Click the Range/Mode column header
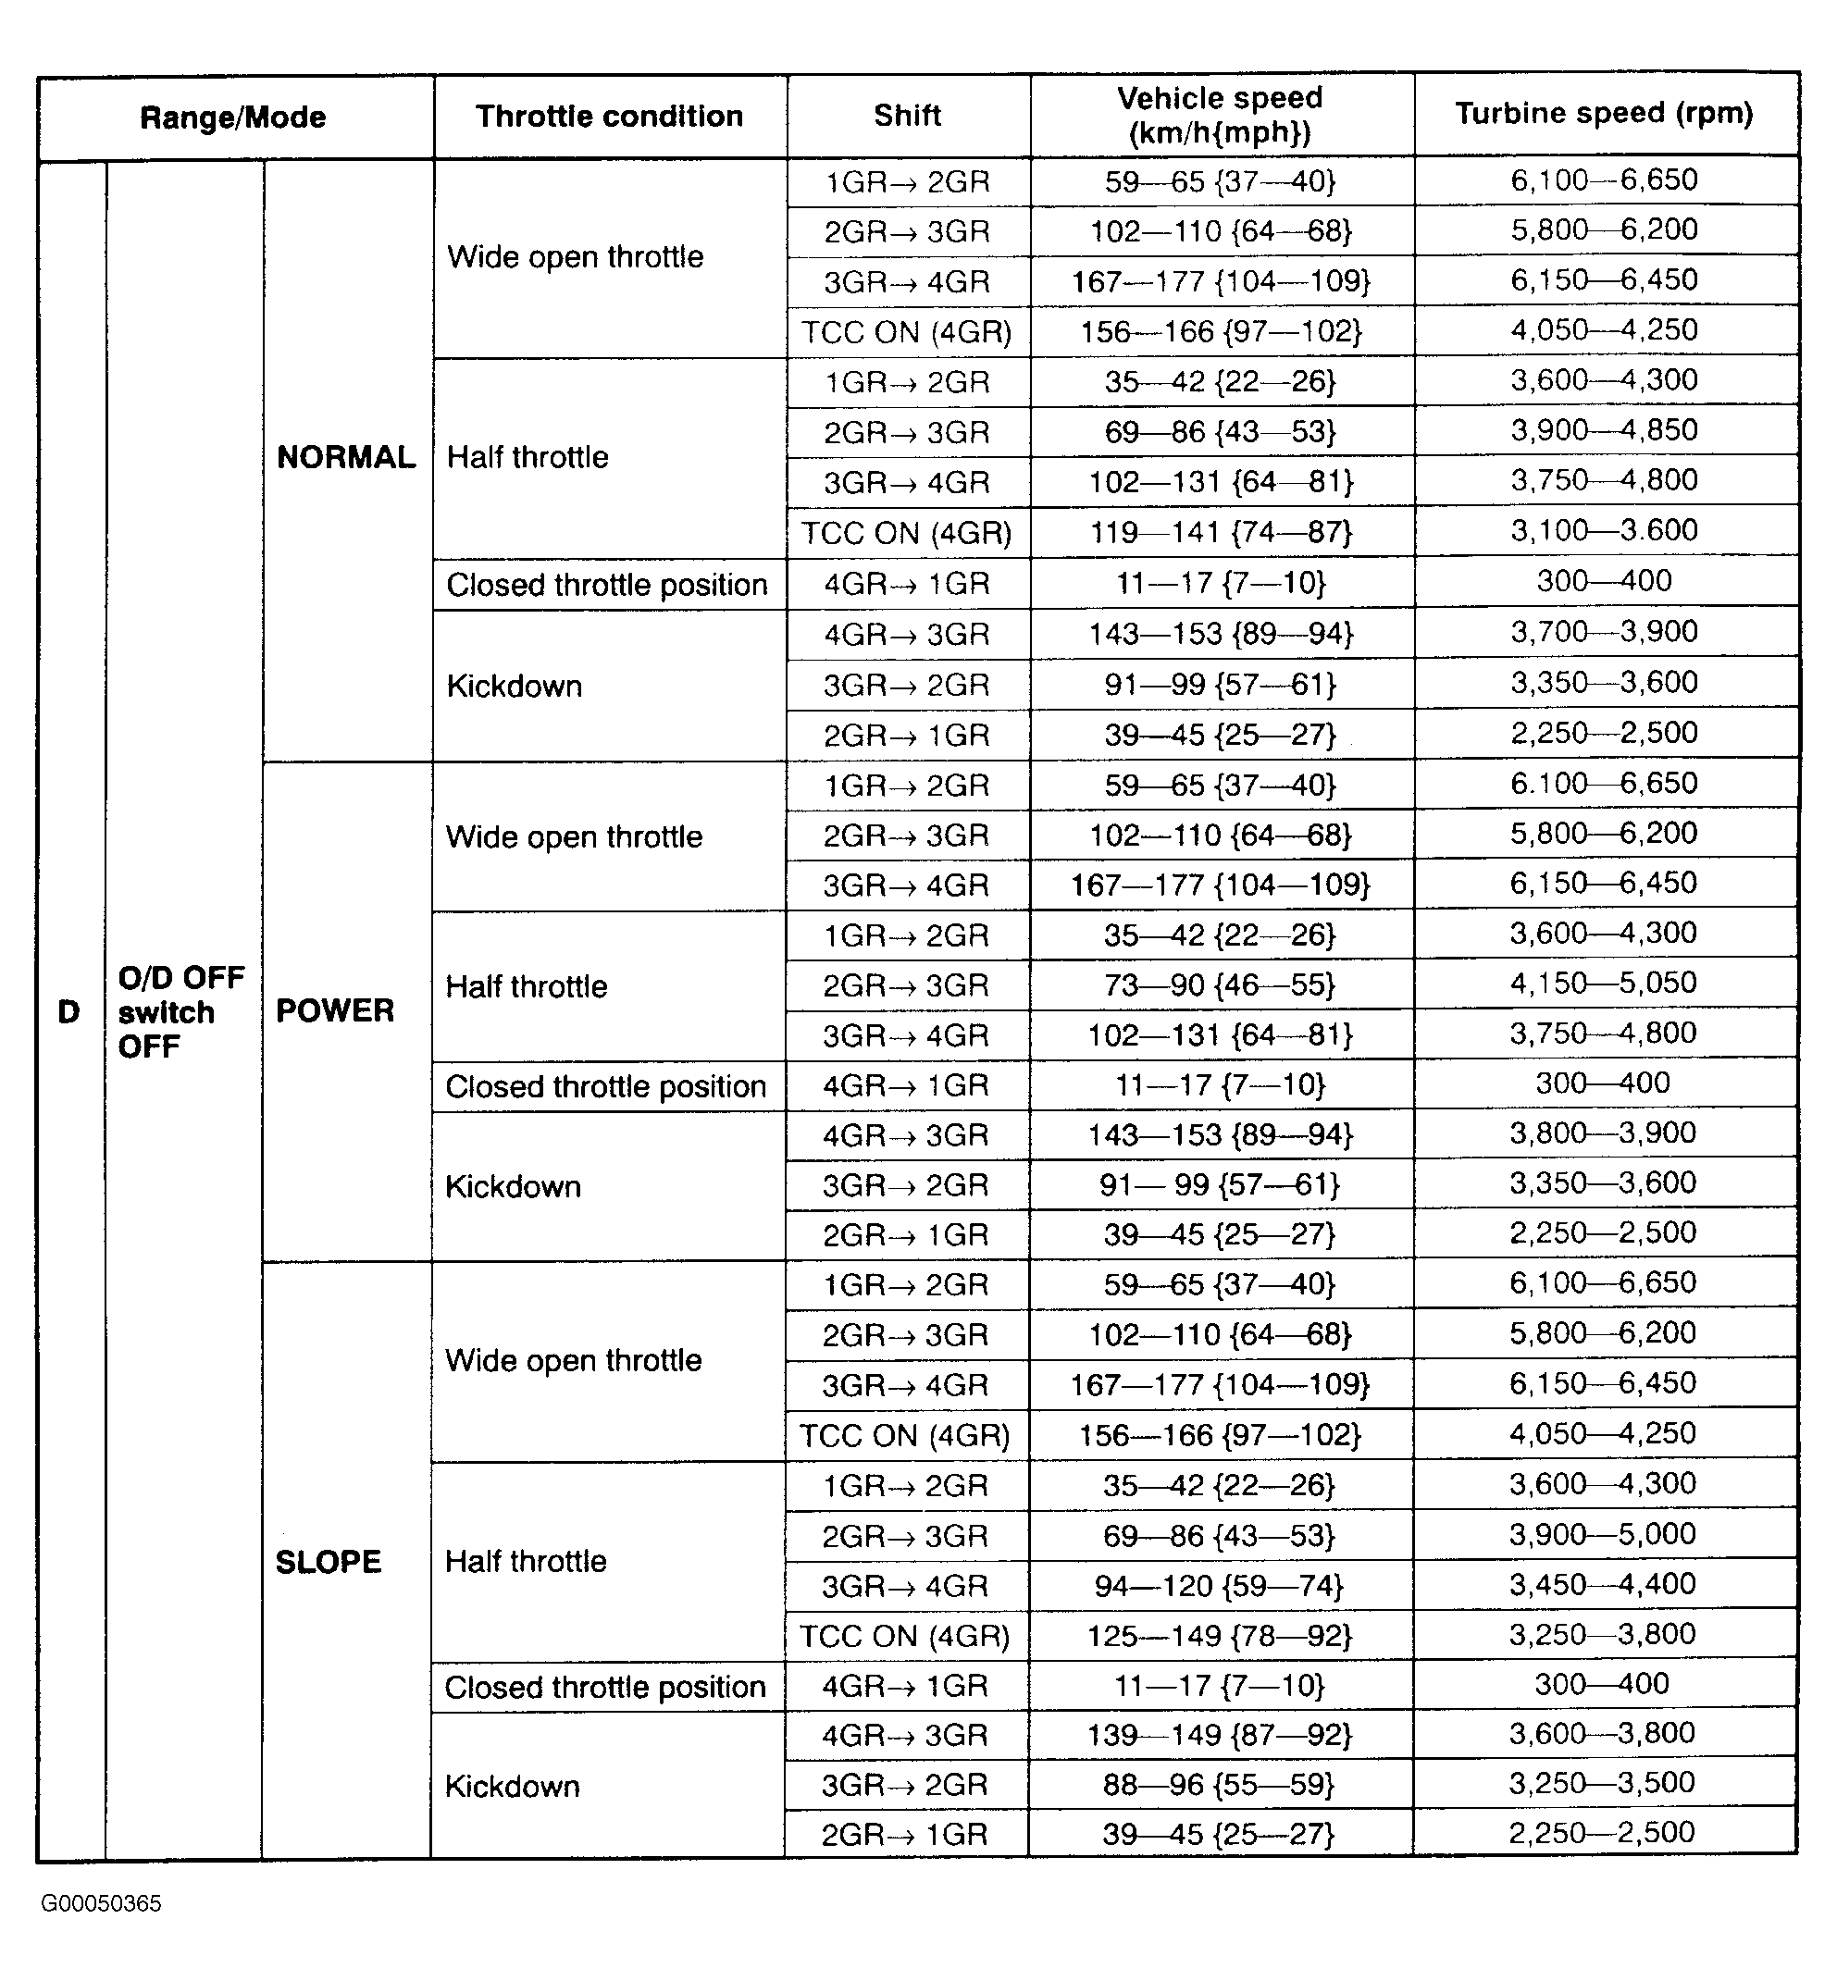[x=232, y=118]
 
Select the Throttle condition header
[x=609, y=117]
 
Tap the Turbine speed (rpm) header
[x=1604, y=113]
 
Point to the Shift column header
[x=908, y=116]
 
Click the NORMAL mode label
[x=346, y=457]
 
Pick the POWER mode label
[x=335, y=1011]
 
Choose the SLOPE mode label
[x=328, y=1562]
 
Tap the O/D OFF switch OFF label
[x=180, y=1012]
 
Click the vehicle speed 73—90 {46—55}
[x=1220, y=985]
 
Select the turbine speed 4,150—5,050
[x=1604, y=983]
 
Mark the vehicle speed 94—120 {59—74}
[x=1219, y=1585]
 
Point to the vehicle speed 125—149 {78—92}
[x=1219, y=1635]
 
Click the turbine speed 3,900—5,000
[x=1603, y=1534]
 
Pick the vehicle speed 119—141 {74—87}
[x=1221, y=532]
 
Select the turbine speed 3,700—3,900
[x=1605, y=631]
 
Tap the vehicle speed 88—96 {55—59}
[x=1218, y=1784]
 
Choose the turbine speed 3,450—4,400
[x=1603, y=1583]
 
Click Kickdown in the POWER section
[x=513, y=1187]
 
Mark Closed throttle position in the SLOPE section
[x=605, y=1687]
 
